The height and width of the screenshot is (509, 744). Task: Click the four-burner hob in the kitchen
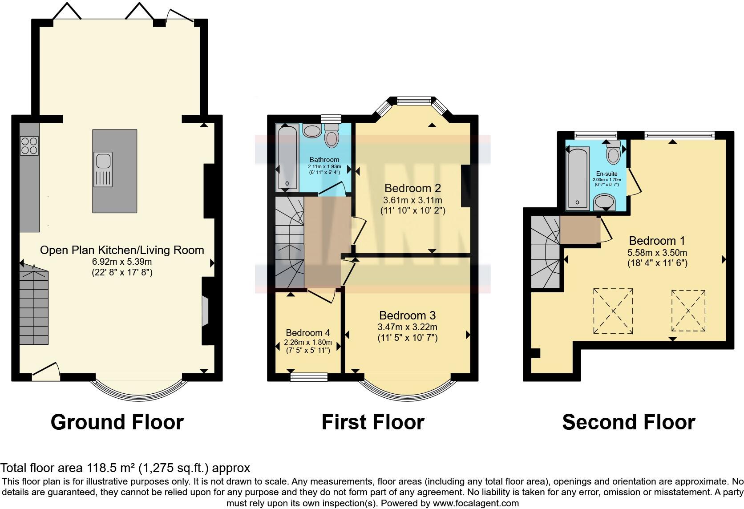point(29,145)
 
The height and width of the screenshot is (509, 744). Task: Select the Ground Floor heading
point(117,422)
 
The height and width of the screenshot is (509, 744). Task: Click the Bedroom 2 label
point(412,188)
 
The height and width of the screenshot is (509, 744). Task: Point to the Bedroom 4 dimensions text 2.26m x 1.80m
point(308,342)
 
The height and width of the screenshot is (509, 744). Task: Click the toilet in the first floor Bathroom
point(332,136)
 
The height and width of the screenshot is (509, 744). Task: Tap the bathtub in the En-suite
point(577,178)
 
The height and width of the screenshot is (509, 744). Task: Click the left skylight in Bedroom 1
point(613,311)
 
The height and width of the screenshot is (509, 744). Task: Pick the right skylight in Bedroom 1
point(688,311)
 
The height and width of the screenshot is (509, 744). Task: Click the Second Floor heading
point(628,422)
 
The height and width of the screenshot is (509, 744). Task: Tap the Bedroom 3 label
point(407,315)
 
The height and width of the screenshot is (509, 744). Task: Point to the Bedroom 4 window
point(308,378)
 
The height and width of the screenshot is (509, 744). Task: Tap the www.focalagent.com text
point(476,503)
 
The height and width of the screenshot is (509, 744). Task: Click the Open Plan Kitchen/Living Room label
point(122,250)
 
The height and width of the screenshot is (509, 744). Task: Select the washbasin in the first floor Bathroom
point(312,130)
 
